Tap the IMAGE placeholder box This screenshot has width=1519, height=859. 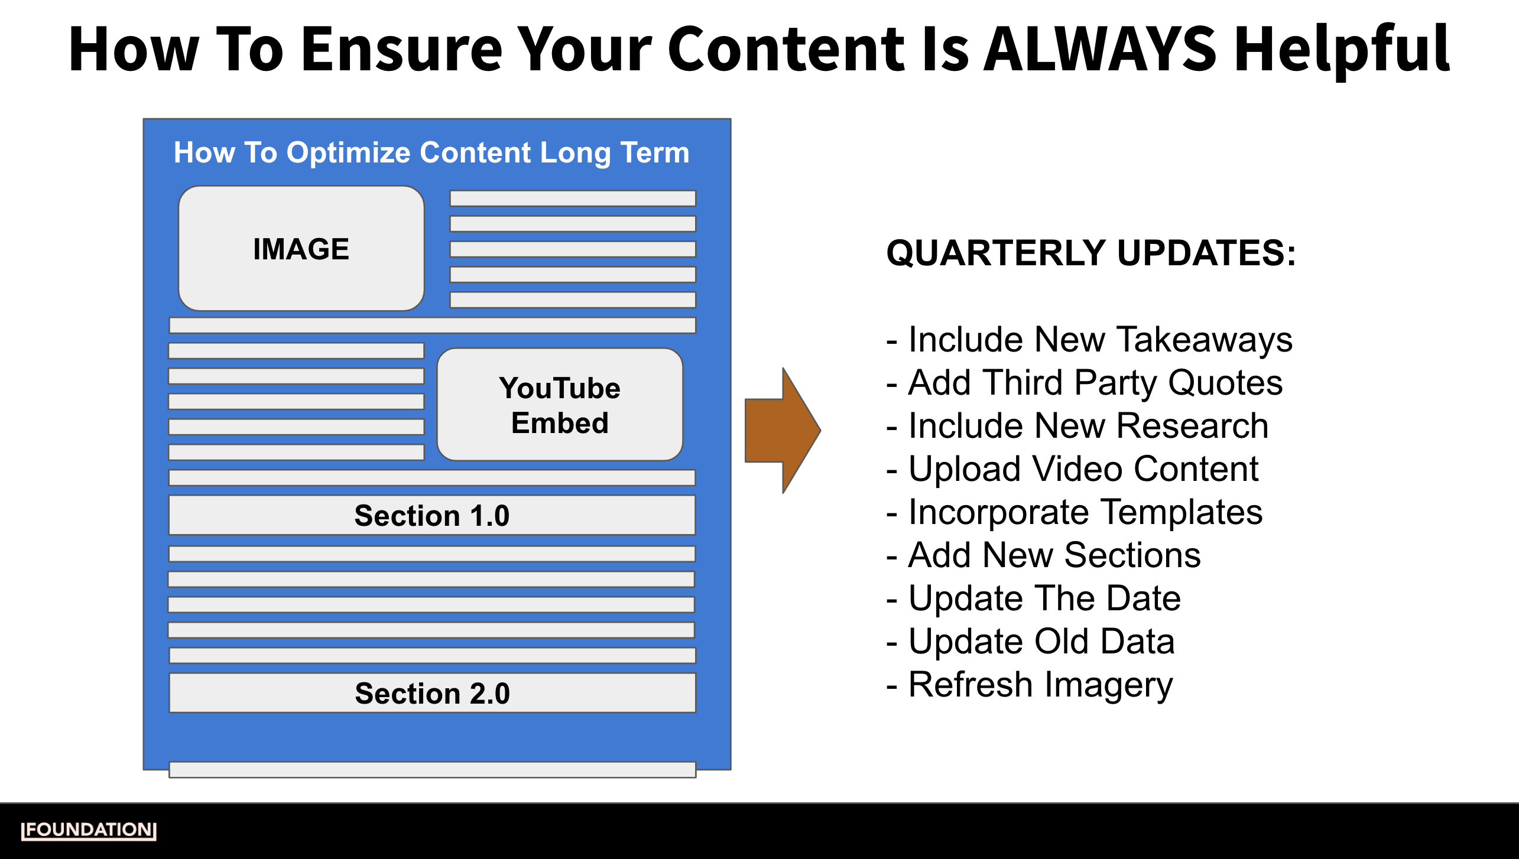click(301, 249)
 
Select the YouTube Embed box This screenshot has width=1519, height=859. click(560, 405)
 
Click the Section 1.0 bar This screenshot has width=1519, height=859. click(432, 515)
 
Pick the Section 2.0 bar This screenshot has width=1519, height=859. click(432, 693)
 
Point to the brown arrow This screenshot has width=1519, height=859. click(783, 430)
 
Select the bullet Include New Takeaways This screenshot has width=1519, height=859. click(1089, 340)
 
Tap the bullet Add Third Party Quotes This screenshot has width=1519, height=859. click(1085, 383)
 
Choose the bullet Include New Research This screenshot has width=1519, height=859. click(1077, 426)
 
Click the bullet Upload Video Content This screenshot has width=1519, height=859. click(1072, 469)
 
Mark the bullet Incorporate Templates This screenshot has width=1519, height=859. click(1075, 512)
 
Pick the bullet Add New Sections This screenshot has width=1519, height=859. click(1043, 555)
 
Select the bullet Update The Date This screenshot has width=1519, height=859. click(1034, 598)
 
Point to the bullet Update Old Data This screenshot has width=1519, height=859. click(1030, 642)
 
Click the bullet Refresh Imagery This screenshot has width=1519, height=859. click(1030, 685)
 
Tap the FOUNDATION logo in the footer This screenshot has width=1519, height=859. click(89, 830)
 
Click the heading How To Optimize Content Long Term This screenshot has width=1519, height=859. click(431, 152)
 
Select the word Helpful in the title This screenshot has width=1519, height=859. click(1342, 50)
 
